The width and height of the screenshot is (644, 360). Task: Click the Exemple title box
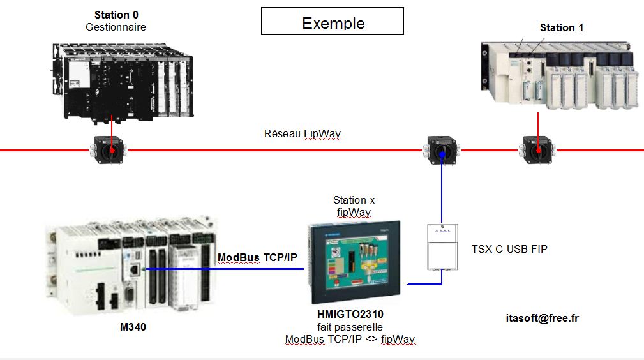(333, 21)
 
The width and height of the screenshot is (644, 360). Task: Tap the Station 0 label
(116, 15)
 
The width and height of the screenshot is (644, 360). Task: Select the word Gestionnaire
(116, 27)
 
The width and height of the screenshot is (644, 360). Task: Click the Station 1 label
(562, 27)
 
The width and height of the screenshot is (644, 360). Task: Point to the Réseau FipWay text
(303, 133)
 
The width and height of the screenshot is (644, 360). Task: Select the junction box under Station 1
(537, 150)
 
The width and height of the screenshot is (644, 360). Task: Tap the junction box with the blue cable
(441, 151)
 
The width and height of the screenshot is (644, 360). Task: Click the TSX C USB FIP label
(509, 248)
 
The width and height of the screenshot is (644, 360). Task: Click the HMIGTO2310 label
(350, 314)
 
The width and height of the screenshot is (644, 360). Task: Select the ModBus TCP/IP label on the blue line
(258, 257)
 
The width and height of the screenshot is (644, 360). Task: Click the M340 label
(133, 327)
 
